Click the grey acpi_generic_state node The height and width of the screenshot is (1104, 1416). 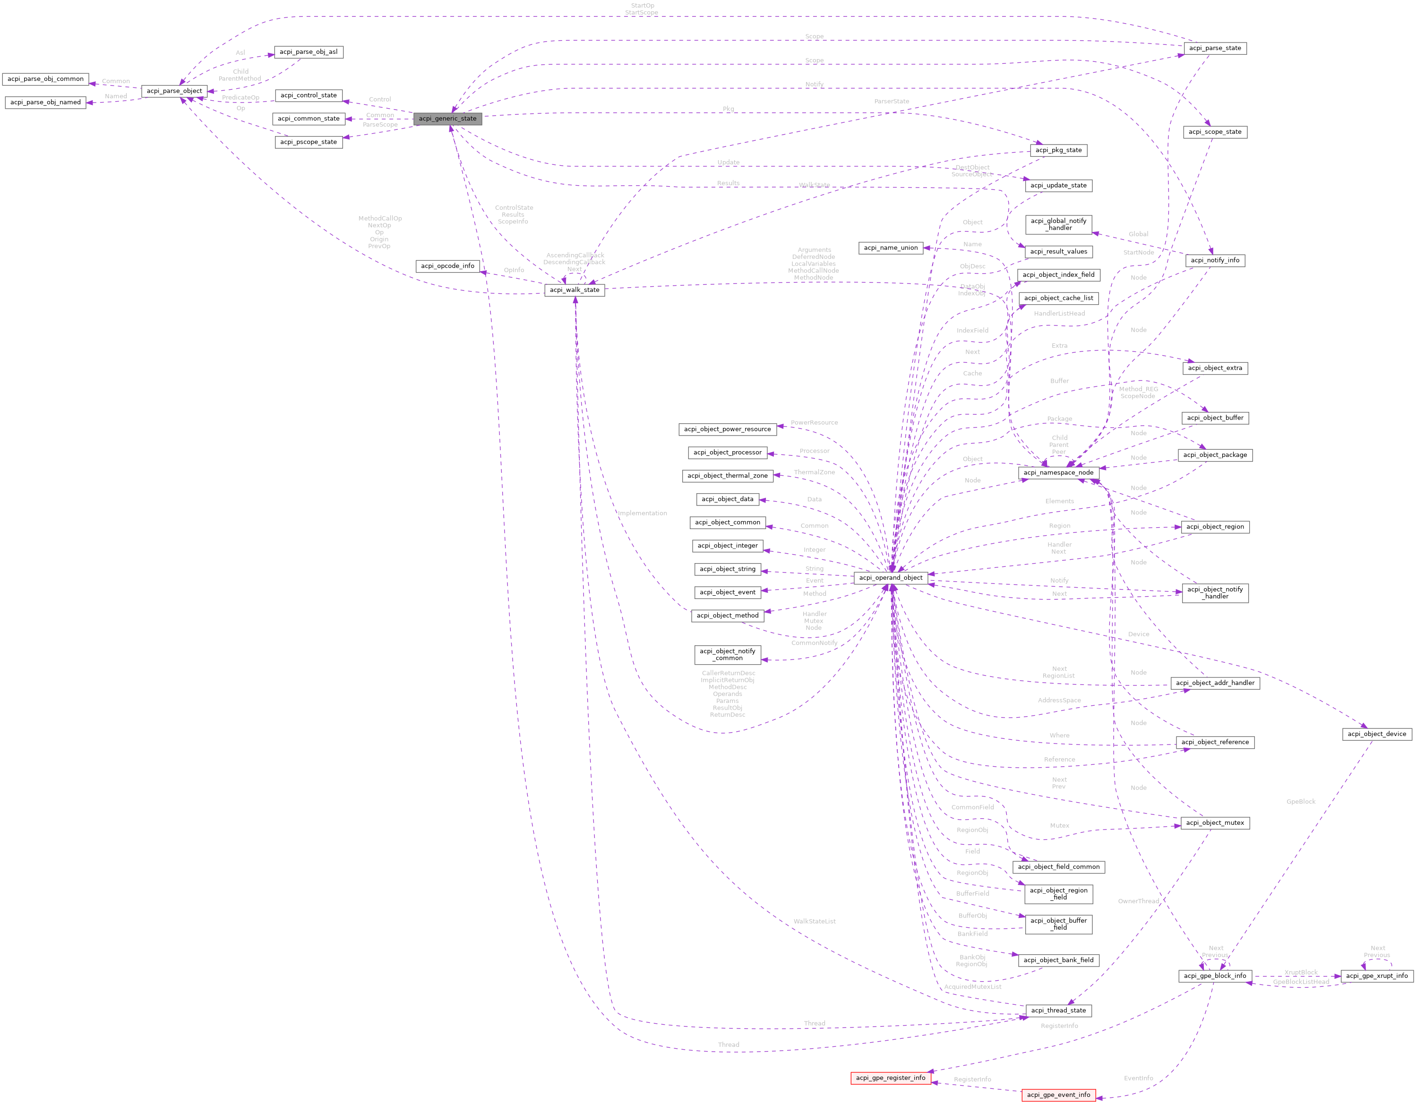(x=447, y=119)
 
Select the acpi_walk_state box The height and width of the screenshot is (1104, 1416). (x=575, y=290)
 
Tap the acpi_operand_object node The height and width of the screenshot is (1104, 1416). (x=890, y=578)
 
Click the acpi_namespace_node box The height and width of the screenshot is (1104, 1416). (x=1058, y=472)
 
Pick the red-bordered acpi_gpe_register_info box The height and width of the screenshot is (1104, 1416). (x=890, y=1078)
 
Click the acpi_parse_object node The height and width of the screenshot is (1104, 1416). (x=174, y=91)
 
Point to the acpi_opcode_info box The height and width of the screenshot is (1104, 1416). (x=447, y=266)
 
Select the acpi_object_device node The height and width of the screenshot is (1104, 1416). (x=1376, y=734)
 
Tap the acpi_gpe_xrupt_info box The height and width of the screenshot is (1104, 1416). (x=1376, y=976)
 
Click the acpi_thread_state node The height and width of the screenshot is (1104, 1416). (x=1058, y=1010)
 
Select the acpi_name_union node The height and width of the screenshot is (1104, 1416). (x=890, y=248)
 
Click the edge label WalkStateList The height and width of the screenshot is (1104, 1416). (x=815, y=921)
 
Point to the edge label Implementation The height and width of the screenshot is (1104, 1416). (x=642, y=513)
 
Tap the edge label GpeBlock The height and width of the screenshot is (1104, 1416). (x=1301, y=802)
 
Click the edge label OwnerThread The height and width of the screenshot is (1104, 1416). (x=1138, y=901)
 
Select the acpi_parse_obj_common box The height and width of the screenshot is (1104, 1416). (x=45, y=79)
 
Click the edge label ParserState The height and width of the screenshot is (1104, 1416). (x=892, y=101)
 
